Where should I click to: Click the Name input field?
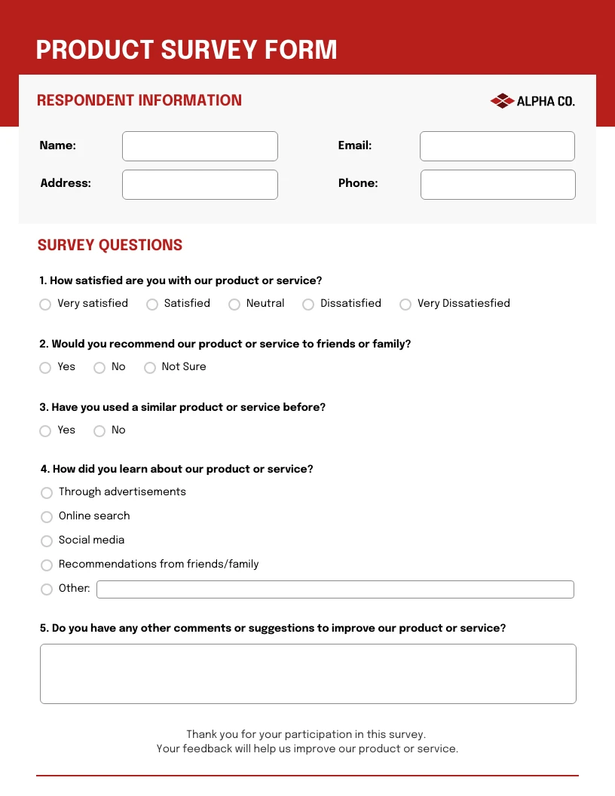click(200, 146)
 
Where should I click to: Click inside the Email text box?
click(497, 146)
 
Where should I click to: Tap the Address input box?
click(200, 185)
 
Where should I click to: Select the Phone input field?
click(497, 185)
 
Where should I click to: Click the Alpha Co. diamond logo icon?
click(502, 101)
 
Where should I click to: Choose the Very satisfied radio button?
click(45, 305)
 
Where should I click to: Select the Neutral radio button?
click(234, 305)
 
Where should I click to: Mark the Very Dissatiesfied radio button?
click(405, 305)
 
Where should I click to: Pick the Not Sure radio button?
click(150, 368)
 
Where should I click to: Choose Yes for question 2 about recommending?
click(45, 368)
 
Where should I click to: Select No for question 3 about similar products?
click(99, 431)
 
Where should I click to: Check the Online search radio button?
click(47, 517)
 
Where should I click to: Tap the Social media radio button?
click(47, 541)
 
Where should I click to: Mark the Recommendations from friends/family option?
click(47, 565)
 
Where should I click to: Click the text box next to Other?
click(335, 589)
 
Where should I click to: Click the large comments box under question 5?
click(307, 674)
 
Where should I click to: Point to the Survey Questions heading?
click(110, 245)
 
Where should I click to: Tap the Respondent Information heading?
click(139, 100)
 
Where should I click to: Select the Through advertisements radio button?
click(47, 493)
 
